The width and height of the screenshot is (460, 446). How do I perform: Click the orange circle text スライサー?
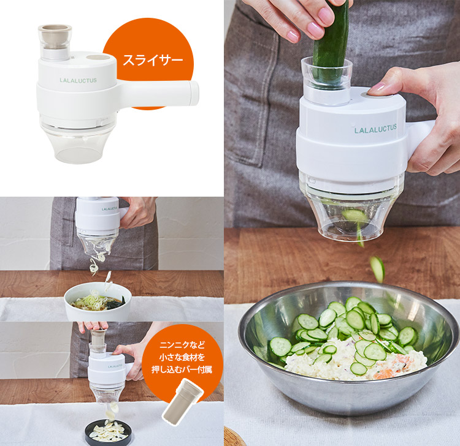[x=153, y=60]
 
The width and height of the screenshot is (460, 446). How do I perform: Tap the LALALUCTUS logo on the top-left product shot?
[x=78, y=80]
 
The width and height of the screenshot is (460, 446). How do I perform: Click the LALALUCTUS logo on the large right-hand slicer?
[x=375, y=129]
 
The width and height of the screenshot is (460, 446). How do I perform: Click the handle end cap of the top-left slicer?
[x=194, y=94]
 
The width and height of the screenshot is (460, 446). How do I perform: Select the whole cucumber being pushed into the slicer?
[x=331, y=44]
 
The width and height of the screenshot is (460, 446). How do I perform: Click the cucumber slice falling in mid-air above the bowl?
[x=377, y=269]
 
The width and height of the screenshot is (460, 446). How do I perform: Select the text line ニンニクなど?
[x=182, y=345]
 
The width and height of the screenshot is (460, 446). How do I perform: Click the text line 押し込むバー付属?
[x=182, y=369]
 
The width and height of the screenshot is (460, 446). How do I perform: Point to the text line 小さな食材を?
[x=182, y=357]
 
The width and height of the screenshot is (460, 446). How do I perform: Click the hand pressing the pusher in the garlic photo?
[x=93, y=326]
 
